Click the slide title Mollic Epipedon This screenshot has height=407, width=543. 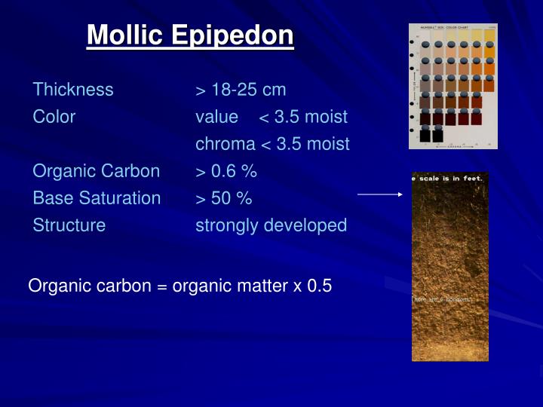190,35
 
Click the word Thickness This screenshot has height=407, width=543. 73,90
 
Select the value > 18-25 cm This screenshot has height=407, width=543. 241,90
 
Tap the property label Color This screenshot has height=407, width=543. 54,117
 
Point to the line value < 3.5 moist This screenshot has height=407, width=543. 271,117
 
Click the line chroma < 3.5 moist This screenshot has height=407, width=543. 272,144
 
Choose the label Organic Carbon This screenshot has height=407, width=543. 97,171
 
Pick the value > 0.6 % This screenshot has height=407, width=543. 226,171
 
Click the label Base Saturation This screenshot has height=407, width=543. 97,198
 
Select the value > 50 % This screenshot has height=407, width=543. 224,198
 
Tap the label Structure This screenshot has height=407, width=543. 69,225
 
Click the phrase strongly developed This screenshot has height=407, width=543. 271,225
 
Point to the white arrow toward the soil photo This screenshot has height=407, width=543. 380,194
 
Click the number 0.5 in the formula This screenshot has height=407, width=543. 319,286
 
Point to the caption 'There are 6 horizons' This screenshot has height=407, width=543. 442,299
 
